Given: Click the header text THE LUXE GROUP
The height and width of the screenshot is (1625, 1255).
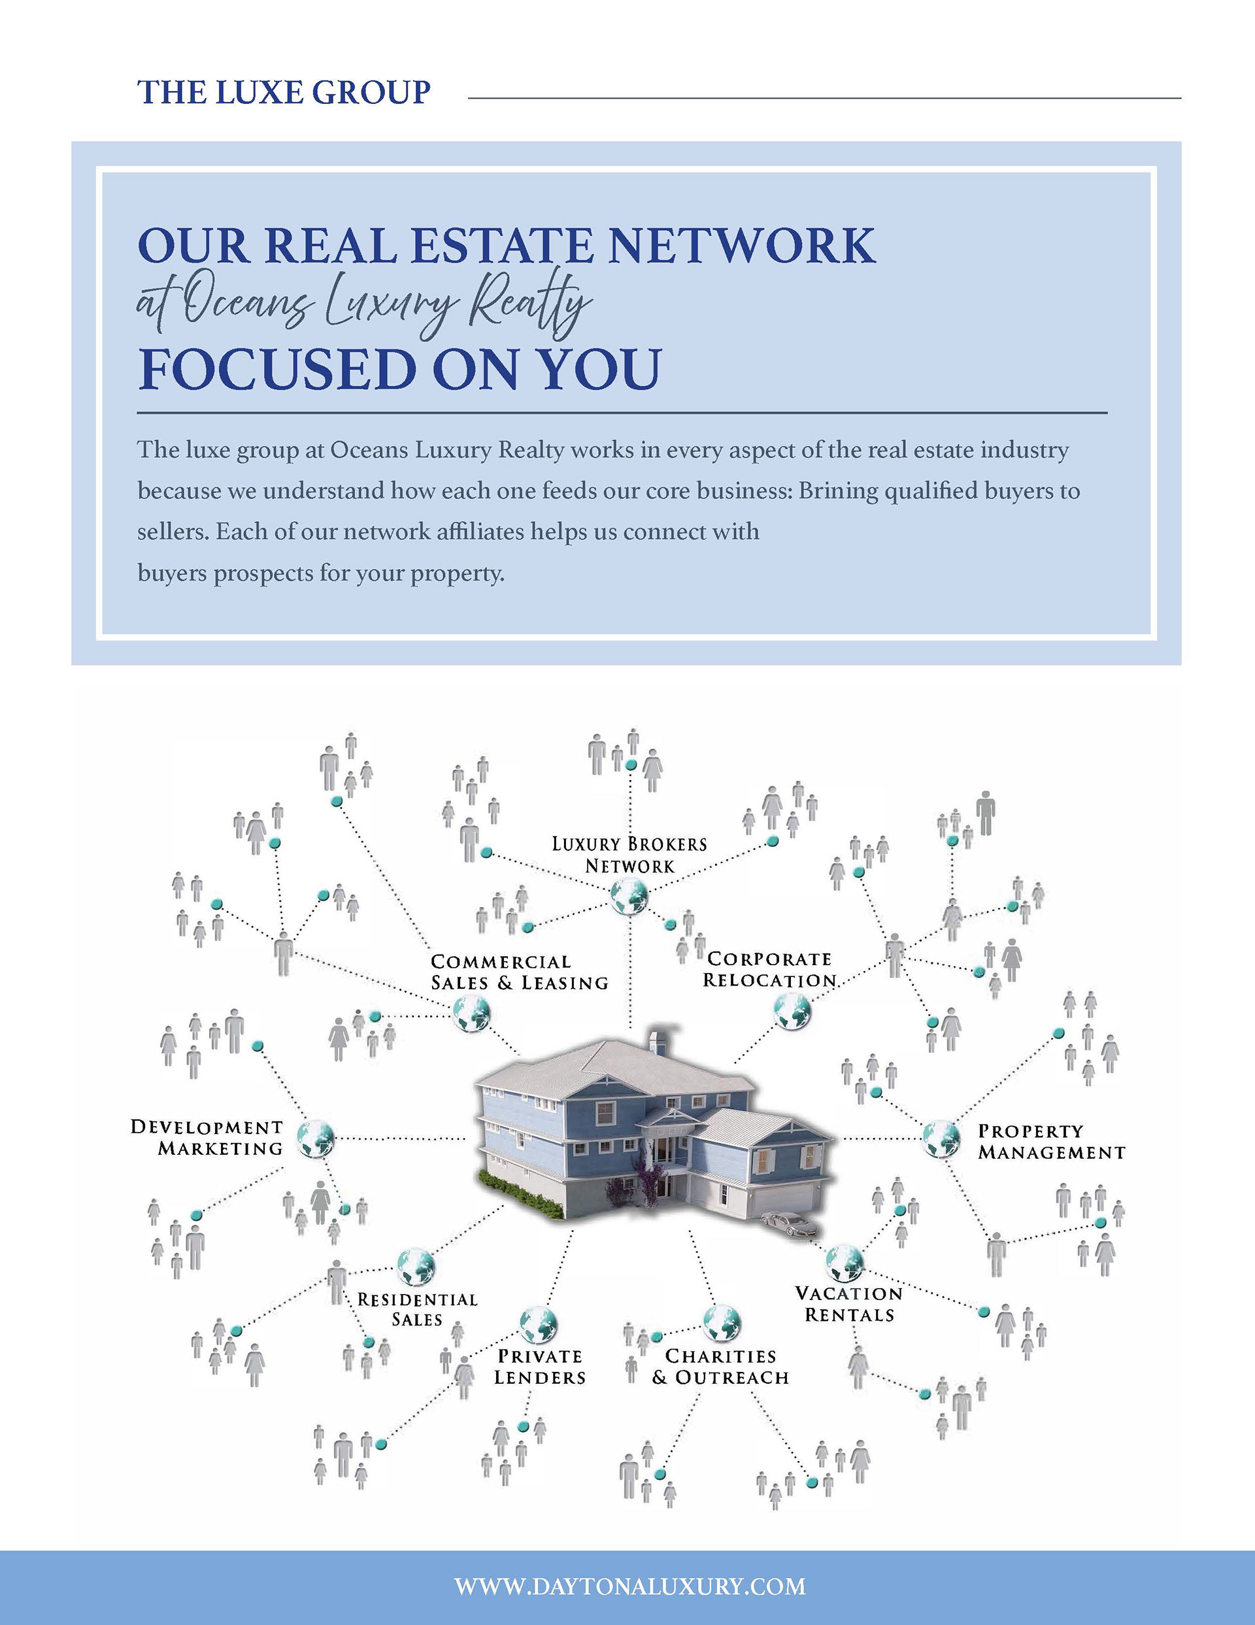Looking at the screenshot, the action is click(x=284, y=92).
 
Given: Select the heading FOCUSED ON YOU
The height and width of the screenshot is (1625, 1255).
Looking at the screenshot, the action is click(x=399, y=369).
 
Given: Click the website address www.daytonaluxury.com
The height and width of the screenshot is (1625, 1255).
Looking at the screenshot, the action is click(x=629, y=1586).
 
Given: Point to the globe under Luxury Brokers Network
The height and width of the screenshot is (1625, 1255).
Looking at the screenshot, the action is click(x=629, y=896).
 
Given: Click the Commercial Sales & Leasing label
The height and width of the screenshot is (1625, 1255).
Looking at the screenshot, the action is click(x=519, y=972).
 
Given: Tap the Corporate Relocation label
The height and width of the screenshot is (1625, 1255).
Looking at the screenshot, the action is click(x=769, y=970).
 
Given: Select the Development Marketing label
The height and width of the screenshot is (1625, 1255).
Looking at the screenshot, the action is click(x=207, y=1138).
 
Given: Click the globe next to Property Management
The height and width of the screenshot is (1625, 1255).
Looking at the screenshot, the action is click(x=942, y=1138).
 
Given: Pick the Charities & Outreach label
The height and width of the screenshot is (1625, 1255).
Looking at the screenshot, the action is click(x=720, y=1367).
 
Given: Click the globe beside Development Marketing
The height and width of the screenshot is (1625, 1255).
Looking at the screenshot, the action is click(x=316, y=1138).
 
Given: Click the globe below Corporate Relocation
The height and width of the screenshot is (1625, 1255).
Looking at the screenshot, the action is click(x=792, y=1011).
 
